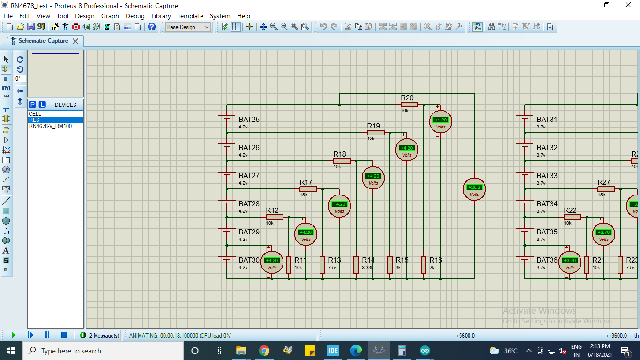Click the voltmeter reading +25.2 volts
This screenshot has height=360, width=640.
pyautogui.click(x=474, y=189)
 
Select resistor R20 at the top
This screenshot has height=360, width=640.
pyautogui.click(x=409, y=105)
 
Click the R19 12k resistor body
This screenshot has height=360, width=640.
pyautogui.click(x=375, y=133)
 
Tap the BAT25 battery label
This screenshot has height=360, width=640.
pyautogui.click(x=249, y=120)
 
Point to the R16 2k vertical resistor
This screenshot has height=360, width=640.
pyautogui.click(x=424, y=264)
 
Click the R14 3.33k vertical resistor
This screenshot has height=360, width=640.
pyautogui.click(x=356, y=264)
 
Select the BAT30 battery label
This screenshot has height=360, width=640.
pyautogui.click(x=249, y=260)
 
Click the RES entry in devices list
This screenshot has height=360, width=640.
pyautogui.click(x=34, y=120)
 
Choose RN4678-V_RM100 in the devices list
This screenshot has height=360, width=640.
pyautogui.click(x=50, y=126)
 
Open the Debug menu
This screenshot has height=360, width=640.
pyautogui.click(x=135, y=16)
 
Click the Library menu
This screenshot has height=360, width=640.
pyautogui.click(x=161, y=16)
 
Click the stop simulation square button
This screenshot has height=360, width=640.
pyautogui.click(x=64, y=335)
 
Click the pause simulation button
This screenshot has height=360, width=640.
pyautogui.click(x=47, y=335)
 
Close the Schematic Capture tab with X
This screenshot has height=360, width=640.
pyautogui.click(x=75, y=41)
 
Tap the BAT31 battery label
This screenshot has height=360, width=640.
pyautogui.click(x=547, y=120)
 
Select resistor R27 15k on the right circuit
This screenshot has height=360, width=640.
pyautogui.click(x=606, y=189)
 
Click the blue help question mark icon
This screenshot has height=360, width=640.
pyautogui.click(x=152, y=27)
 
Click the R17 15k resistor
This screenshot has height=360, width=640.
pyautogui.click(x=308, y=189)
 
